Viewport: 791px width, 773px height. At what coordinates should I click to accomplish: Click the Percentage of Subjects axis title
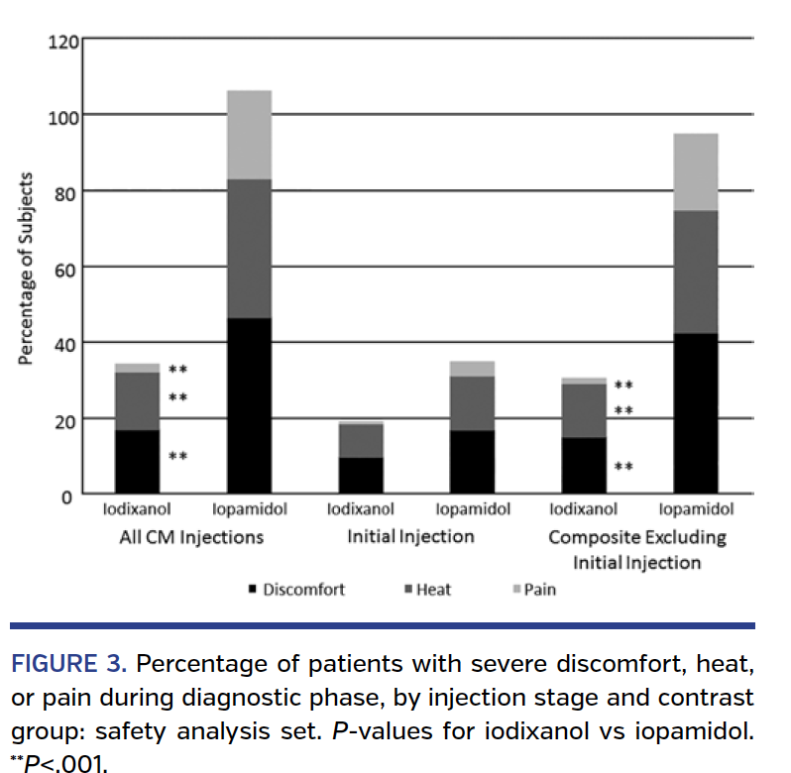coord(27,270)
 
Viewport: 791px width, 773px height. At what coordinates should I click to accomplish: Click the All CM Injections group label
coord(191,537)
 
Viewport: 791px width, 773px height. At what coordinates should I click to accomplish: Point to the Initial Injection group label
coord(410,537)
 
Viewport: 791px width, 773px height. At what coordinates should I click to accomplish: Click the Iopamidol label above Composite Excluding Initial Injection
coord(696,510)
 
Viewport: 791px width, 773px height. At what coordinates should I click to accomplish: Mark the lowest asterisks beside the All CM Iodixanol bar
coord(178,457)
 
